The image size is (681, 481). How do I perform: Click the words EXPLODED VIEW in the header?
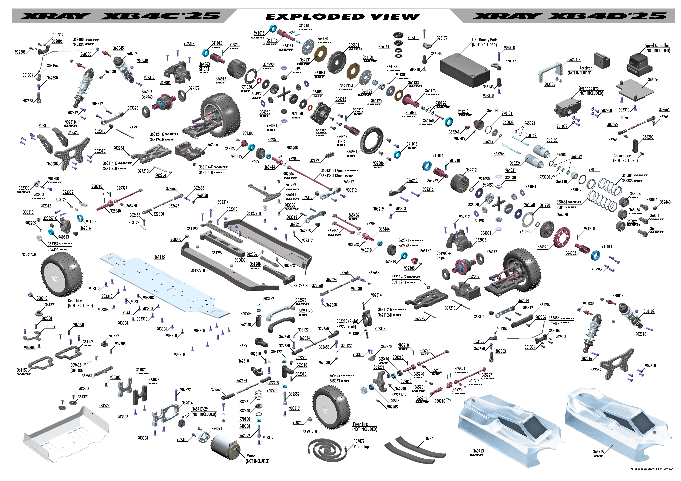point(343,17)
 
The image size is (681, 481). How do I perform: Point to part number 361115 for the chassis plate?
point(160,257)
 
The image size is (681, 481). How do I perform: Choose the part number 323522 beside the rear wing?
point(104,405)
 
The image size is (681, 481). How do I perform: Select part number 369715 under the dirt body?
point(599,452)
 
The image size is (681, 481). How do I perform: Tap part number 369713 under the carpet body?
point(478,451)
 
